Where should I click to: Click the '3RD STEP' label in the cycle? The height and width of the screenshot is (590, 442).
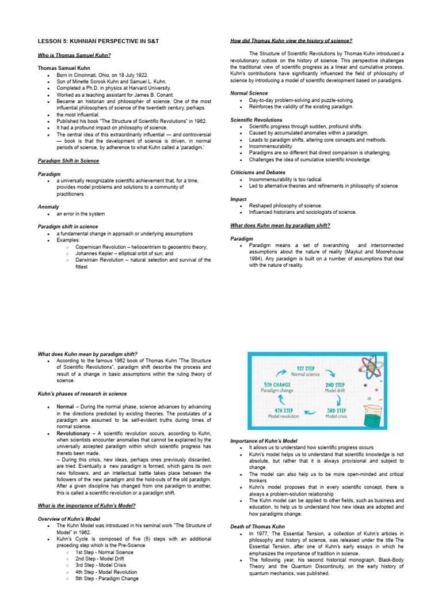tap(336, 410)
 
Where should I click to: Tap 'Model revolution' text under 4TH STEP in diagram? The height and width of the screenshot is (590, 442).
tap(283, 416)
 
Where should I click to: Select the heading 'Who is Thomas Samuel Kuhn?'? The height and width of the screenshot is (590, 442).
tap(74, 55)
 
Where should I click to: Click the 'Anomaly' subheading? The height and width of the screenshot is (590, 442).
tap(48, 206)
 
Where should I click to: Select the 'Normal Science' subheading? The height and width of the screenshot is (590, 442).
tap(249, 93)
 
